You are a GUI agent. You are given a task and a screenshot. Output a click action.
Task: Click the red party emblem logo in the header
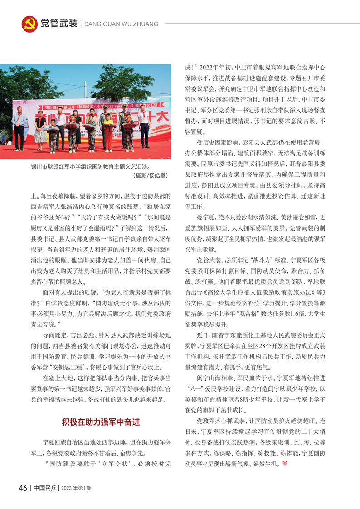pos(29,24)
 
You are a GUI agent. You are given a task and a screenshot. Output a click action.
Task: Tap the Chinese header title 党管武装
pos(59,24)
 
